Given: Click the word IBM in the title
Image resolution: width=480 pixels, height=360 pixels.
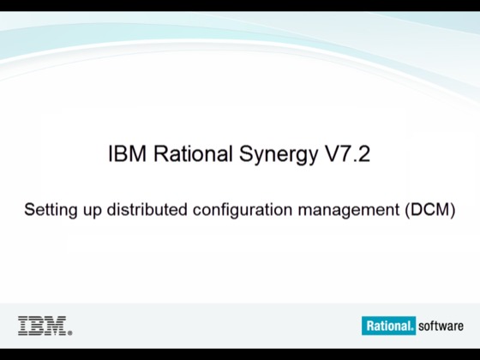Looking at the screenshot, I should point(126,155).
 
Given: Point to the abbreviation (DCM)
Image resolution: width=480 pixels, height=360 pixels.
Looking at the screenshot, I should point(429,208).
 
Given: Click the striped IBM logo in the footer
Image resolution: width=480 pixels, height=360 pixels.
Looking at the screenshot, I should point(45,326).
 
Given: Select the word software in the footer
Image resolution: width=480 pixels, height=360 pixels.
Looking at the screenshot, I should point(441,326).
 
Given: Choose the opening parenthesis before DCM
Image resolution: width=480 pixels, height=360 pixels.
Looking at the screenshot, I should point(406,208).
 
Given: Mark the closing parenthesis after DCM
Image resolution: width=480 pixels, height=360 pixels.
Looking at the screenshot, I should point(453,208).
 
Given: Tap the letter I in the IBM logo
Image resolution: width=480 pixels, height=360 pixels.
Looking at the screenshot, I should point(23,326).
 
